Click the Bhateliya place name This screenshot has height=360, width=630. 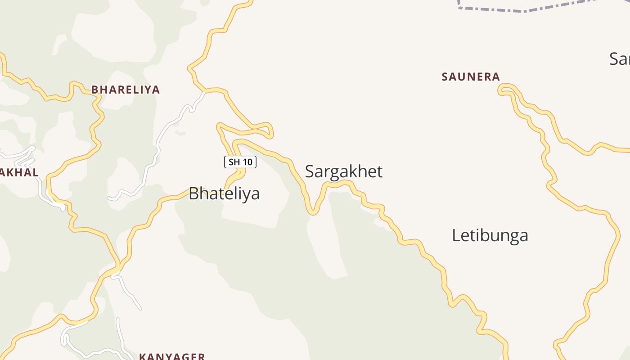(224, 193)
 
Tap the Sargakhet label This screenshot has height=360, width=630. (344, 171)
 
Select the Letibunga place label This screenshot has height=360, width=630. (490, 235)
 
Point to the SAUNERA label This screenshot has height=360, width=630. (471, 77)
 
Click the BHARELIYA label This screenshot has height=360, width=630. (126, 90)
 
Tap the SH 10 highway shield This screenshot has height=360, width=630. (240, 162)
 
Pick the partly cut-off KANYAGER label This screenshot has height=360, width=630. (172, 356)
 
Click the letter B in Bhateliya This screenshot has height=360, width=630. (193, 193)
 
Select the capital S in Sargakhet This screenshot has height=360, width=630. (310, 171)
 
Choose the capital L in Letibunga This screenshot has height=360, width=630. (456, 235)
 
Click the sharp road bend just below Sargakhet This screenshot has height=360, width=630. (312, 212)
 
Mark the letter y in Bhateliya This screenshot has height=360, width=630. (247, 195)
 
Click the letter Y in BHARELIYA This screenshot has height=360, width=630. (146, 90)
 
